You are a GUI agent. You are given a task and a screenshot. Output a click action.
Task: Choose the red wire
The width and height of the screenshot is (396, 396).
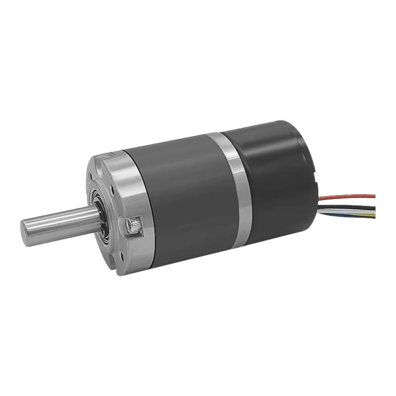point(351,196)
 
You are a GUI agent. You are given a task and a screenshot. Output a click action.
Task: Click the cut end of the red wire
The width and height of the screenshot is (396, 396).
point(375,195)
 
